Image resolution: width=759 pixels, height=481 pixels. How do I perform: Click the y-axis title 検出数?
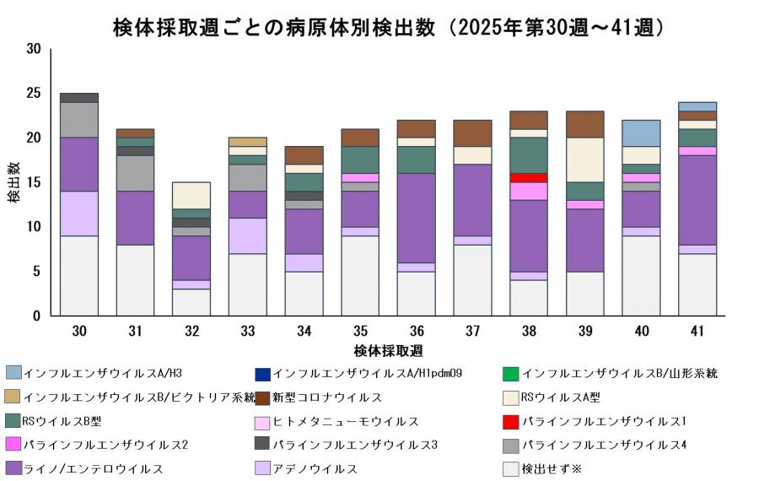coord(14,182)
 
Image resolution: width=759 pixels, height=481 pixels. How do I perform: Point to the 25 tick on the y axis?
coord(34,93)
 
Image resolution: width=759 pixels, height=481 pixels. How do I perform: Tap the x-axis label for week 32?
coord(191,332)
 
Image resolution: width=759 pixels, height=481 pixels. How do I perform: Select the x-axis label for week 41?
coord(698,332)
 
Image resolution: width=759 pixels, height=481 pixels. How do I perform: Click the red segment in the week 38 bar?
coord(530,177)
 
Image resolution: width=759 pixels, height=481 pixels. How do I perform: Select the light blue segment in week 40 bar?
coord(642,133)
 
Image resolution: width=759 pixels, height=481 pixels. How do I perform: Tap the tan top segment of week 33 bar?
coord(248,142)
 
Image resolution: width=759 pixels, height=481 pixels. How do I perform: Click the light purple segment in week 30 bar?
coord(79,213)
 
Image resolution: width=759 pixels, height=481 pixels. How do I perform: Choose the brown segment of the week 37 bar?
coord(473,133)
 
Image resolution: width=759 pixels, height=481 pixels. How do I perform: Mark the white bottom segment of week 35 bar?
coord(360,276)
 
